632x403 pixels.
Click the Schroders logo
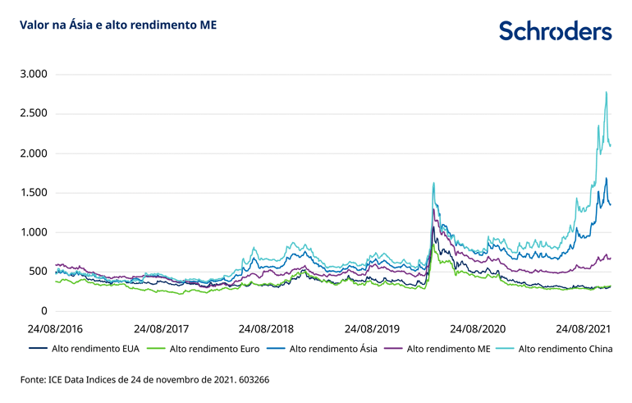coord(555,30)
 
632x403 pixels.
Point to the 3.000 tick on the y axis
coord(34,75)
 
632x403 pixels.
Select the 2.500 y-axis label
coord(34,114)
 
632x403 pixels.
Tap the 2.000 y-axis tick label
coord(34,153)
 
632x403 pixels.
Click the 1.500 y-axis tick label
coord(34,193)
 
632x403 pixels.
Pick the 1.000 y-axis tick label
coord(34,232)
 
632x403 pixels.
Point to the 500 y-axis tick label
coord(39,272)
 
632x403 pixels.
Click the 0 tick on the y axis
coord(45,311)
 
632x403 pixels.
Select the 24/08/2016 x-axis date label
coord(55,328)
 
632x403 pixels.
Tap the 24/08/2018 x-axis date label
coord(265,328)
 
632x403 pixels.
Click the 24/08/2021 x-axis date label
coord(585,328)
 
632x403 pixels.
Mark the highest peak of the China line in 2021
coord(606,92)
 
